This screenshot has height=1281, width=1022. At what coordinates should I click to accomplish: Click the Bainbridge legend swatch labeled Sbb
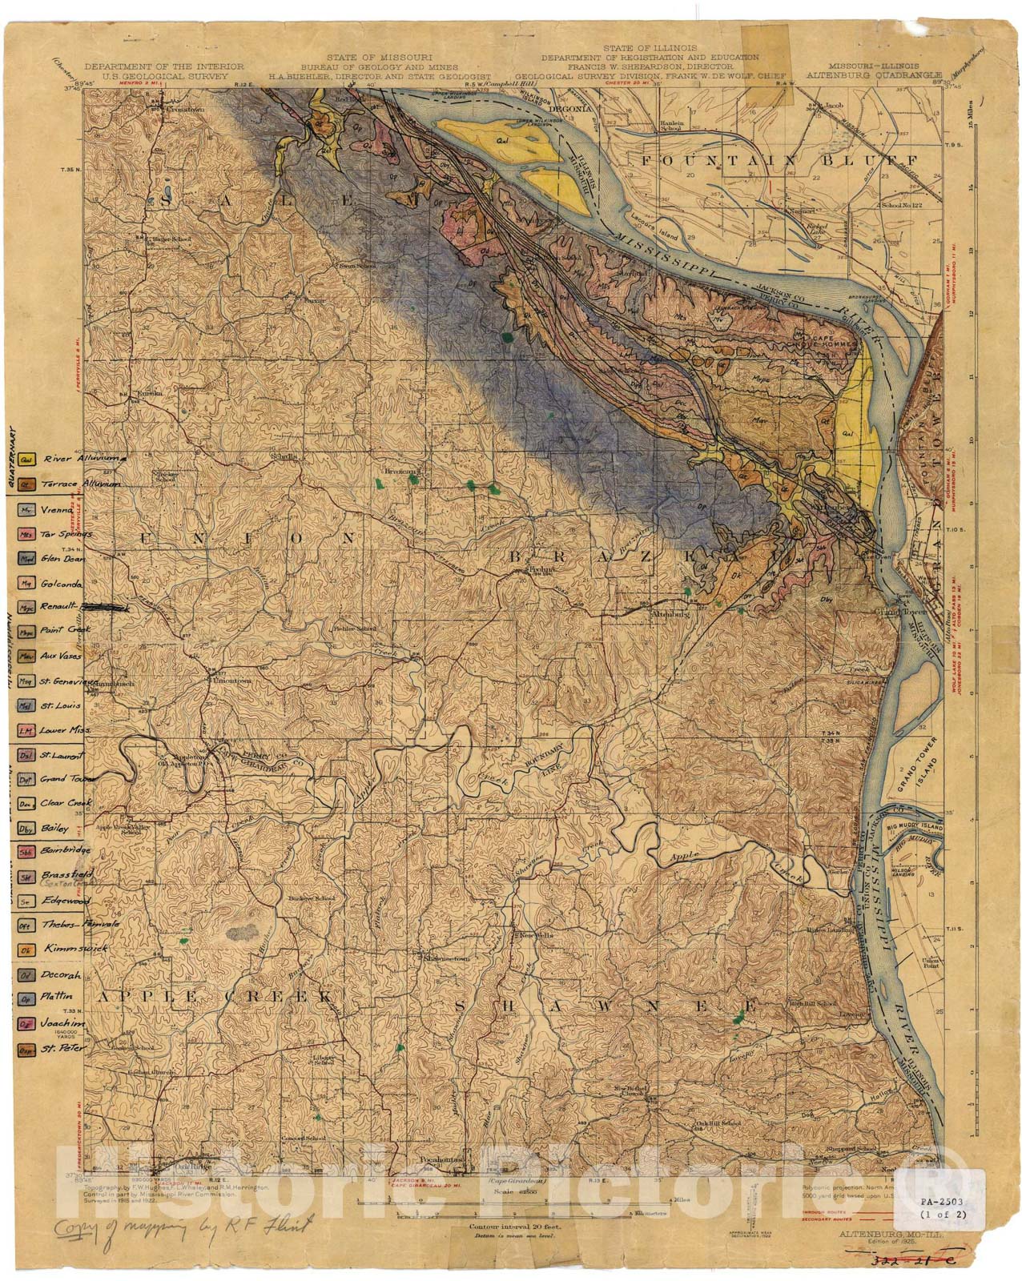pos(26,851)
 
